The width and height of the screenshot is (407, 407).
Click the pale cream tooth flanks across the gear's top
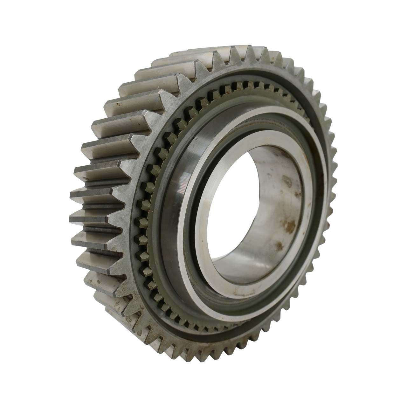[191, 60]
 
